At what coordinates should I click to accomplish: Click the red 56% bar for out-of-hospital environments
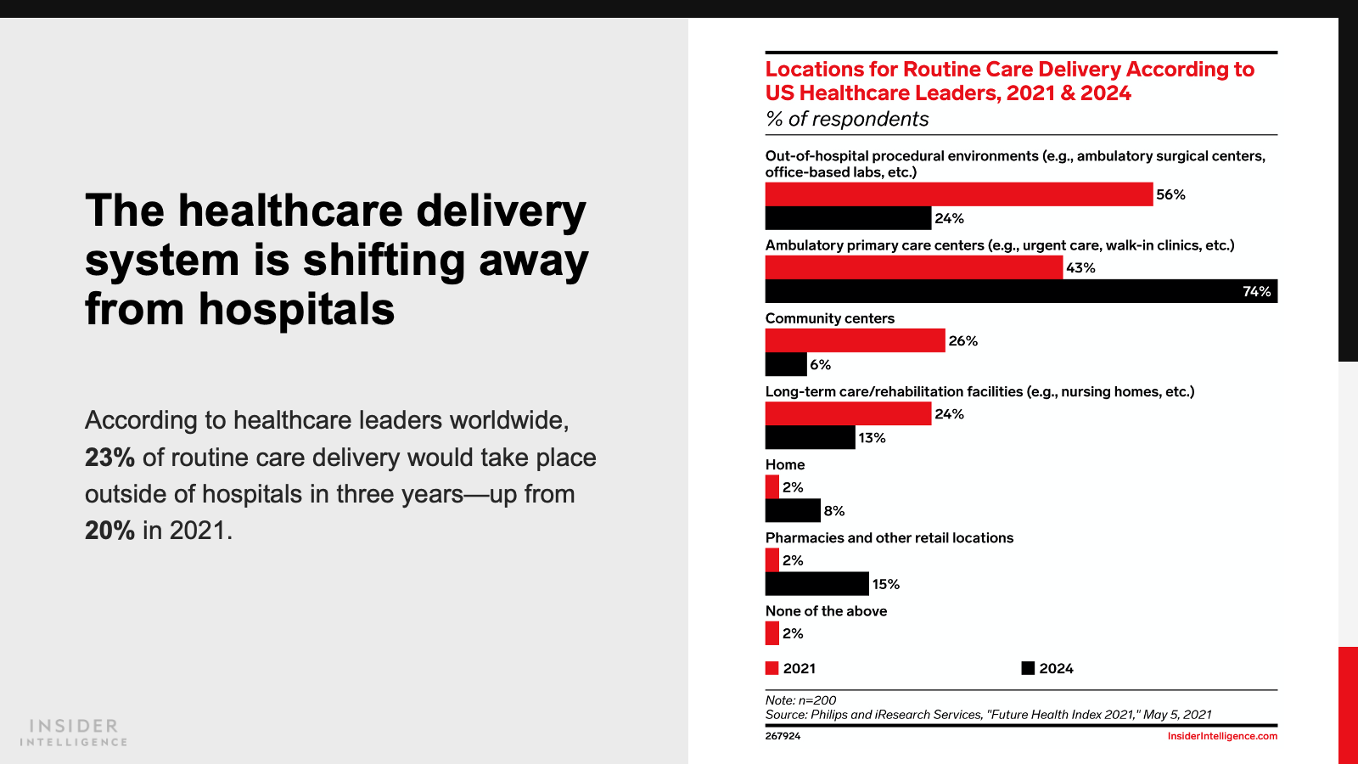959,194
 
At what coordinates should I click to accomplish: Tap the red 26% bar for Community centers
855,340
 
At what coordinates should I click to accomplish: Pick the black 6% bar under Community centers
786,364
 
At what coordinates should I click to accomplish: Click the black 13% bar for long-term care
810,437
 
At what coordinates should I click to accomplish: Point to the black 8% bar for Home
793,510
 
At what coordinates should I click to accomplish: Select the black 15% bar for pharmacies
816,583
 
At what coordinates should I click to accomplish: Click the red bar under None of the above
772,633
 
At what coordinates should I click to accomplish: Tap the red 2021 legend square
772,668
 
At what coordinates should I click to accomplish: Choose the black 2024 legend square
1028,668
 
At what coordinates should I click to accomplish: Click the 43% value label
1080,267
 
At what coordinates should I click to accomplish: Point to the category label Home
785,464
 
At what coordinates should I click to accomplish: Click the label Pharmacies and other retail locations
889,537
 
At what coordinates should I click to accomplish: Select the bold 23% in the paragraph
109,458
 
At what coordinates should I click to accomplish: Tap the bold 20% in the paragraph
109,531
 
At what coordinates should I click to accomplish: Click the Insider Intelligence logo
74,733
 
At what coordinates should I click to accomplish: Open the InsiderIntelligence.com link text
1222,736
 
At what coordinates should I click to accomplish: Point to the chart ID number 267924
783,736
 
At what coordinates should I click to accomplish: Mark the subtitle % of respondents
847,119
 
